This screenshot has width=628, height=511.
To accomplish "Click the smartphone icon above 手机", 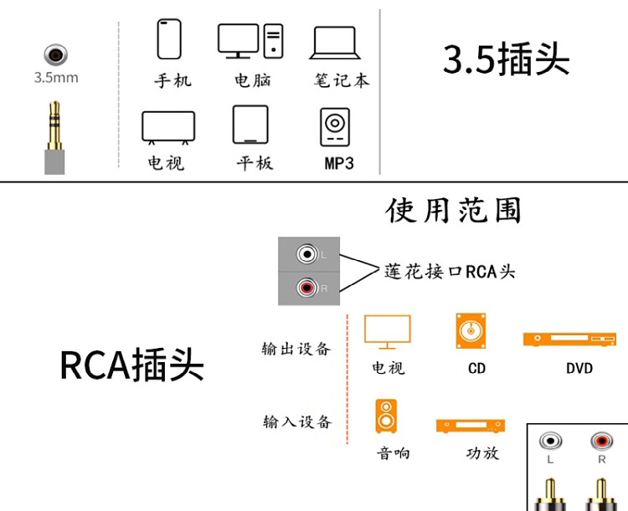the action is (169, 38).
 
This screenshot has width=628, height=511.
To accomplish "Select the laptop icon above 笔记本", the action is (336, 43).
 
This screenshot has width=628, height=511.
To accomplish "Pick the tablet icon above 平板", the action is (250, 125).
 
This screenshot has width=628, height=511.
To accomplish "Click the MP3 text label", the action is (339, 163).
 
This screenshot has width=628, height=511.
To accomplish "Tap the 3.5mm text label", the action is (56, 78).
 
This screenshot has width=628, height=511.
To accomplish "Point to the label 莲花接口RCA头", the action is (450, 271).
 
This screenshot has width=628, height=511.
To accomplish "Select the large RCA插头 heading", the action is (131, 365).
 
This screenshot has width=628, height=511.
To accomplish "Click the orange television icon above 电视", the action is (388, 332).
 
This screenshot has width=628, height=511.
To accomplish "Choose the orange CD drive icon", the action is (471, 331).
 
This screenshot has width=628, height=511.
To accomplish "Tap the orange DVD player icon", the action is (569, 339).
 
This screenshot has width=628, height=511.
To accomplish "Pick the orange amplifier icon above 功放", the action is (471, 426).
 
